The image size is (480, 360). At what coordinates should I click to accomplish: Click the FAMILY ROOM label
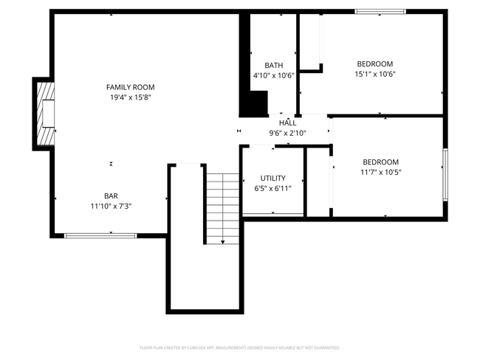point(130,87)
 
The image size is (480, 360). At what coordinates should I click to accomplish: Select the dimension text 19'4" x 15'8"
point(130,97)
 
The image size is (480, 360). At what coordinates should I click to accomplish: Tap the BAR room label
point(111,195)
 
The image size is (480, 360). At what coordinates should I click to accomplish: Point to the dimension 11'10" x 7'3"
point(111,206)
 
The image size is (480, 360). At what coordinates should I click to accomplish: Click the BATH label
point(273,65)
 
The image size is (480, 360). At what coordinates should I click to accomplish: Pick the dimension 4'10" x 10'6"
point(273,75)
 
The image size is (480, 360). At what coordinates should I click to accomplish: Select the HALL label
point(287,122)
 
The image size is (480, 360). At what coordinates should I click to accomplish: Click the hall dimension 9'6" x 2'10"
point(287,133)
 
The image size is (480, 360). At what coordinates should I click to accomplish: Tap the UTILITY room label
point(272,179)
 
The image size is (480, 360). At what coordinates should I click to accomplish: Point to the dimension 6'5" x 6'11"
point(272,189)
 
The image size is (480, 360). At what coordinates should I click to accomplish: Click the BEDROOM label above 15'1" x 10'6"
point(374,63)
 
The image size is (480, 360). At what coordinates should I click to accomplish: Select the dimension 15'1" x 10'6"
point(374,74)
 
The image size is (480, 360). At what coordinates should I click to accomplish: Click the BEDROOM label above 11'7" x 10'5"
point(380,162)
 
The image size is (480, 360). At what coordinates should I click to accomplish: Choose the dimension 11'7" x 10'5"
point(380,173)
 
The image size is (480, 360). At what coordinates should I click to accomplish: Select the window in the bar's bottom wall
point(100,235)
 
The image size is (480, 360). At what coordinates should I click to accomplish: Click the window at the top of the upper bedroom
point(380,11)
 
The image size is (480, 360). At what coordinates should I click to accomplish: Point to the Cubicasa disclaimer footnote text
point(240,347)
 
